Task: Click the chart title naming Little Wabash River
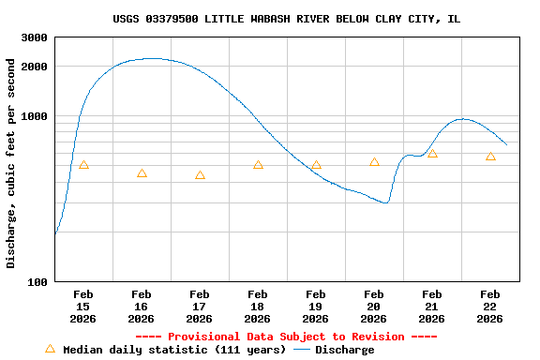286,19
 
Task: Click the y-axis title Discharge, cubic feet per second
11,163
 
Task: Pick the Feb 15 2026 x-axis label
83,306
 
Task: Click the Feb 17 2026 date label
200,306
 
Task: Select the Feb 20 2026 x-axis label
374,306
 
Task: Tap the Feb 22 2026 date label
490,306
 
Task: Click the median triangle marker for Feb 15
83,165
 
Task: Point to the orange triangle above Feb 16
142,173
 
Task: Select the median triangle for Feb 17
200,175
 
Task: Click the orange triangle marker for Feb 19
316,165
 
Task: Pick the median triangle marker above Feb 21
432,154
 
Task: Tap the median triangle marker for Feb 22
490,157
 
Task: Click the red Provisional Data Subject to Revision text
286,337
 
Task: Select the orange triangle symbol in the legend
51,349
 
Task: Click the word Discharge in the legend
344,350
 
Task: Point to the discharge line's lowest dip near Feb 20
384,202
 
